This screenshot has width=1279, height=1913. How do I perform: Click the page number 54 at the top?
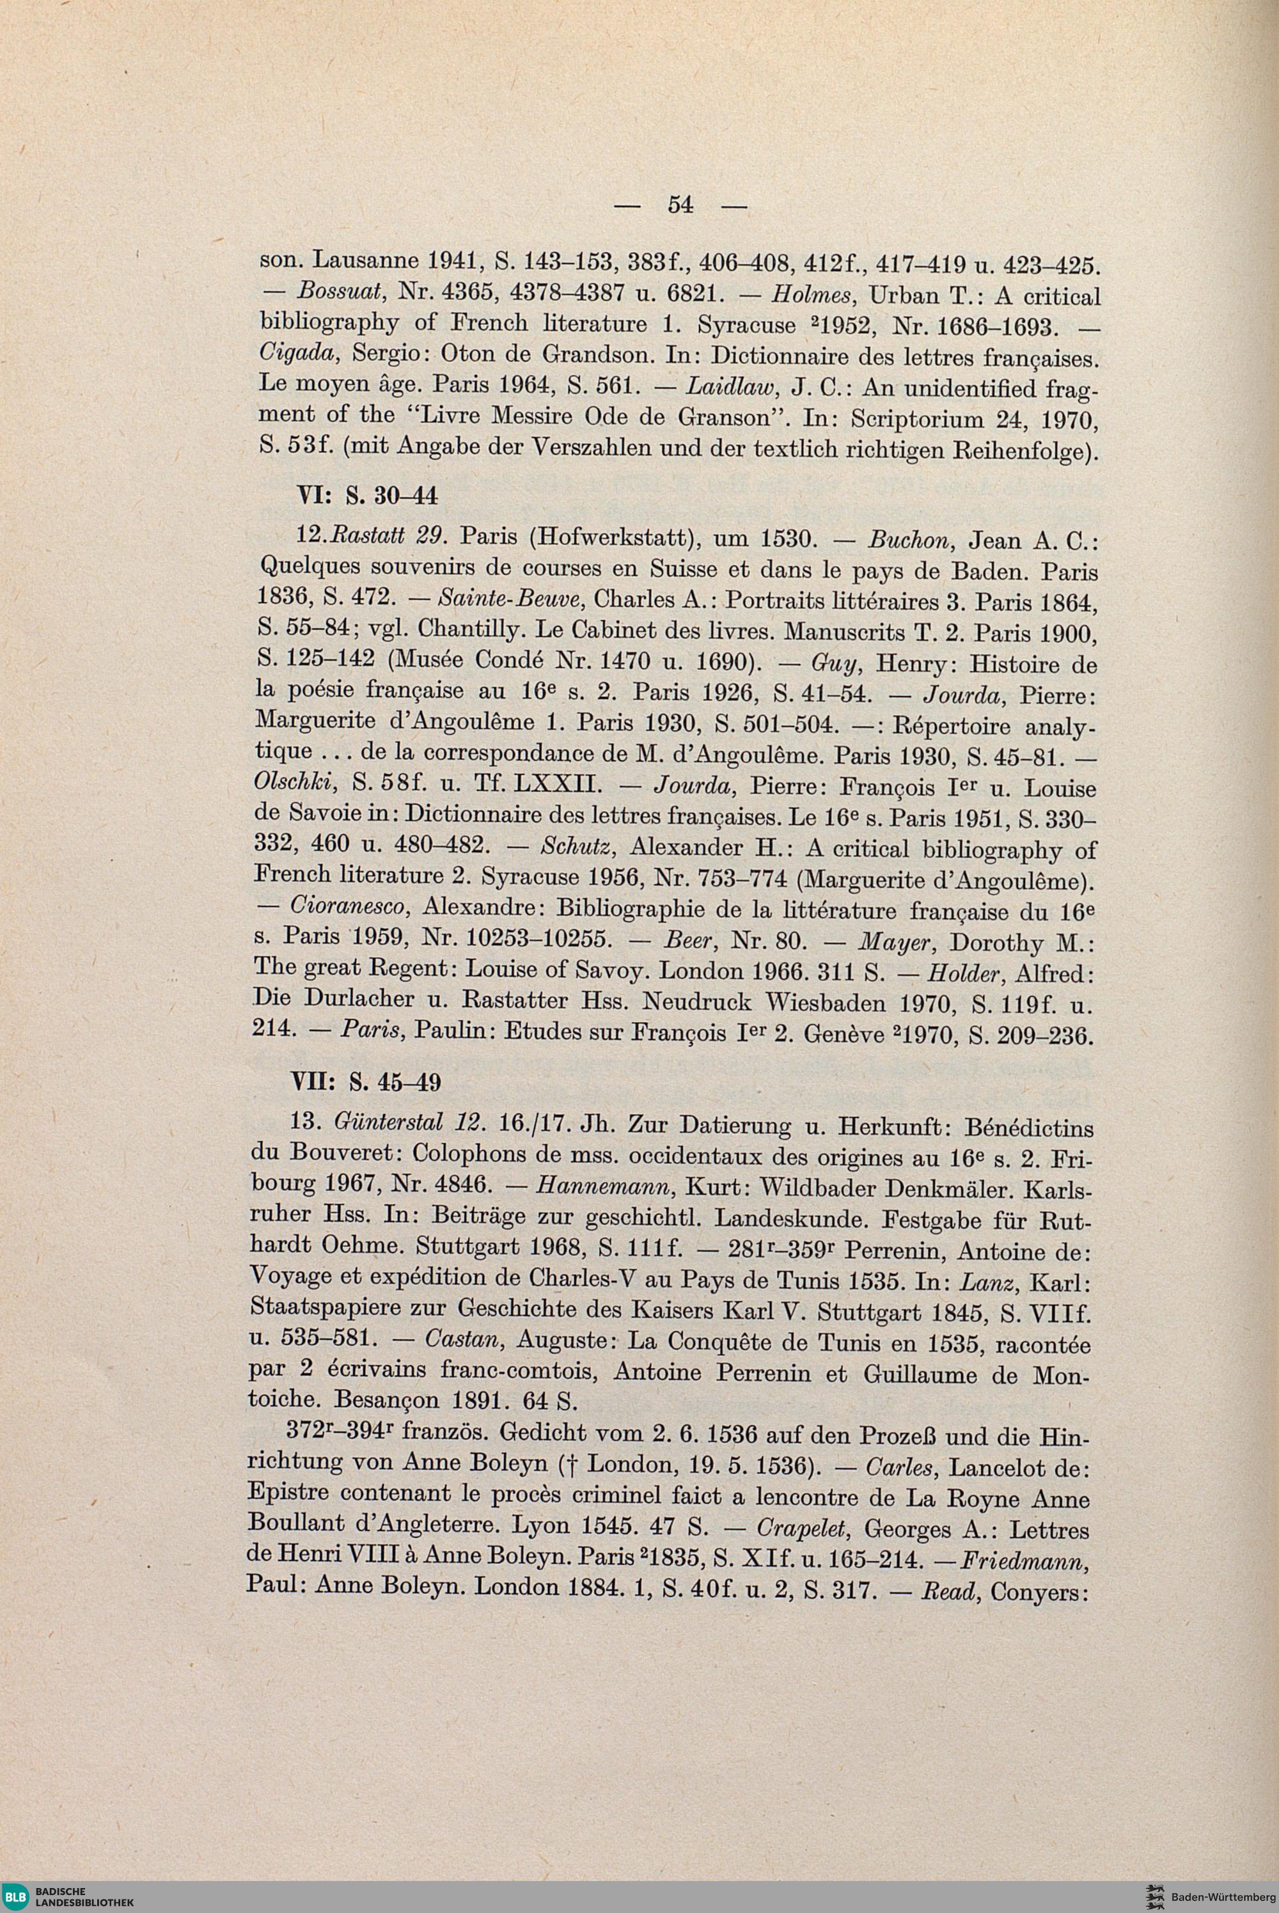680,205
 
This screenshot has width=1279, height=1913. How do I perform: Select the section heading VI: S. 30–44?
364,495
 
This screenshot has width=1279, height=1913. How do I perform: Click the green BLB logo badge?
17,1896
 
